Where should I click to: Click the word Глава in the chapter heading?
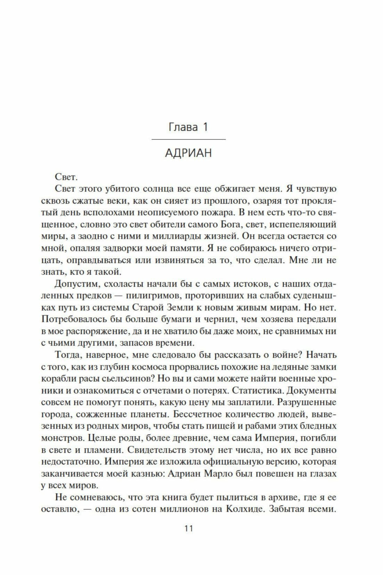pos(183,127)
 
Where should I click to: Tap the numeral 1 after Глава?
pos(205,127)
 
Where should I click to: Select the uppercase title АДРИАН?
pos(188,153)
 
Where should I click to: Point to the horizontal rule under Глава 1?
pos(189,139)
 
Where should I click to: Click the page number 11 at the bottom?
pos(189,528)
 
